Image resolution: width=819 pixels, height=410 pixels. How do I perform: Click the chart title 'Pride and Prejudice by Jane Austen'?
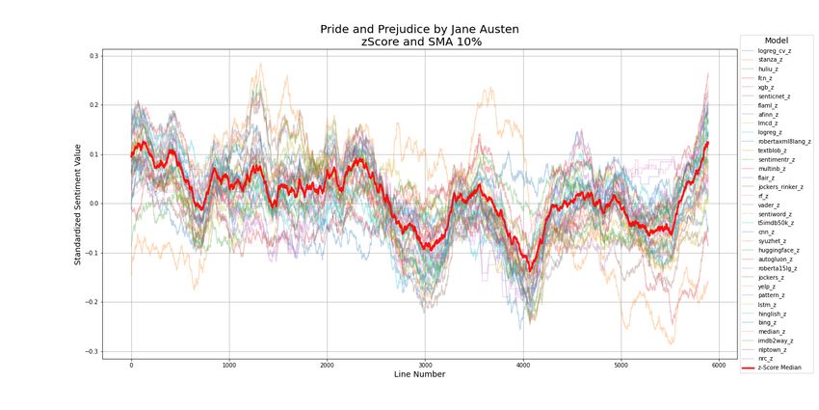420,29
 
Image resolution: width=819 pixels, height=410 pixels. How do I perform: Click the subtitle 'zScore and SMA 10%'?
420,42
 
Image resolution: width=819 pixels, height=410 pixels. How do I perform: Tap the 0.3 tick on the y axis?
93,56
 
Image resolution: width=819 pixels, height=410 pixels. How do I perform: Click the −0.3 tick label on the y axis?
92,351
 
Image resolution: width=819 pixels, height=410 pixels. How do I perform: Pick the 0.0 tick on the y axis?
93,204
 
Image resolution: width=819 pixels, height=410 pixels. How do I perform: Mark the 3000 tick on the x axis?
425,365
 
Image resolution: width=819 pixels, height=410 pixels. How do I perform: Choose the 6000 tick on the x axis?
719,365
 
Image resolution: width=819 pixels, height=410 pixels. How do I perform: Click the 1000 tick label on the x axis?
229,365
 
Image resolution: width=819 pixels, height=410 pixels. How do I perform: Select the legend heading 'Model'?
777,41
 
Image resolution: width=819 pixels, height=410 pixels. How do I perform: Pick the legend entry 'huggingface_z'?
779,250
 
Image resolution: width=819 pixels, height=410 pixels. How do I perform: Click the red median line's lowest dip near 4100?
529,270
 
